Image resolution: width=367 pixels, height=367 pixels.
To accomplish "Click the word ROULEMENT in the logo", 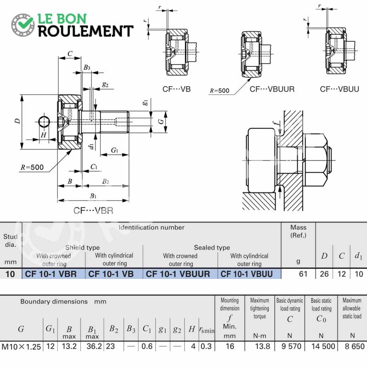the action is pos(86,31).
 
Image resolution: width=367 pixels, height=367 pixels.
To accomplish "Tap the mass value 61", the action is pos(303,274).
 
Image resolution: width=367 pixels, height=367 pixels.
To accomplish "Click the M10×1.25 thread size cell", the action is pos(21,346).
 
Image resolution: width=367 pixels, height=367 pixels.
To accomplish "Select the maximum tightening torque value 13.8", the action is pos(262,346).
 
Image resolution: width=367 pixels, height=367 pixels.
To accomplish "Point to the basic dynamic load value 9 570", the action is pos(291,346).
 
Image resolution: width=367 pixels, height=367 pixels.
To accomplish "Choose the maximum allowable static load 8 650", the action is pos(355,346).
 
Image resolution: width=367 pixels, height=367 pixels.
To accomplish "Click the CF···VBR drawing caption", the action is pos(93,211).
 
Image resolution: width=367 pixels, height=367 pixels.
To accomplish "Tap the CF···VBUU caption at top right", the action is pos(339,89).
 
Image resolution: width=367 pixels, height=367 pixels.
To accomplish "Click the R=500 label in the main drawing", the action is pos(32,167).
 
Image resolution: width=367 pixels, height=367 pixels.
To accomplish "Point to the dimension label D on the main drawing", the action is pos(17,121).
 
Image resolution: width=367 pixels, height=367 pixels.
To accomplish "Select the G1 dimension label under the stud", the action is pos(114,150).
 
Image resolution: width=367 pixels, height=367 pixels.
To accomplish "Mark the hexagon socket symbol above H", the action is pos(44,122).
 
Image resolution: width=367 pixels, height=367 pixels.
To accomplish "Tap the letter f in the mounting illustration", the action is pos(277,123).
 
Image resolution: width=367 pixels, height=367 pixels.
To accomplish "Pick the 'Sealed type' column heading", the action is pos(212,247).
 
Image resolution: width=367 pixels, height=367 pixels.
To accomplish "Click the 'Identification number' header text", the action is pos(151,227).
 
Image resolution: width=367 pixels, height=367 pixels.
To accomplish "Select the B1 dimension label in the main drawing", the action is pos(93,196).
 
